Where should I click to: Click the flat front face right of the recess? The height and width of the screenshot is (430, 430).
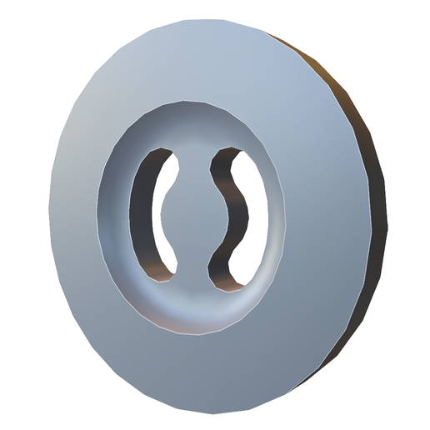coord(325,217)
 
